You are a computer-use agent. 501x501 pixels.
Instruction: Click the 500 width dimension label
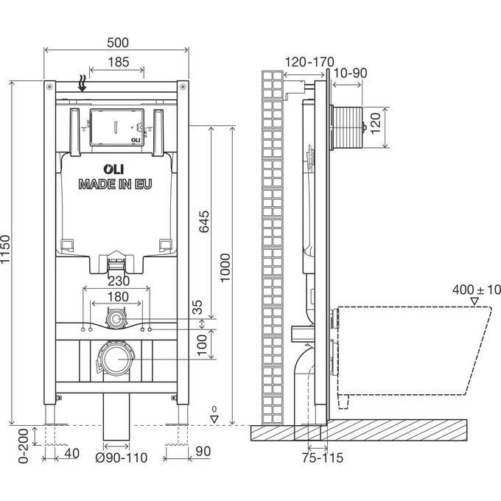pos(118,43)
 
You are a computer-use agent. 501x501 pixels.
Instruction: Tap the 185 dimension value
pos(118,62)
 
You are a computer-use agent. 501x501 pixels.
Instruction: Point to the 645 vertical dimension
pos(204,222)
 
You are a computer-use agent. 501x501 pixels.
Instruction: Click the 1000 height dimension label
pos(225,267)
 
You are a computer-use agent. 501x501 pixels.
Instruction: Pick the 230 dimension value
pos(119,281)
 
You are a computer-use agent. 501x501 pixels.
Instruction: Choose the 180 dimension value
pos(118,297)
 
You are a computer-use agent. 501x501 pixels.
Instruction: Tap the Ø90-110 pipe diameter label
pos(122,458)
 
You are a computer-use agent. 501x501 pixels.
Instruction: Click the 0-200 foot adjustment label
pos(24,446)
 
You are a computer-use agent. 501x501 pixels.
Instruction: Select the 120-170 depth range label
pos(309,62)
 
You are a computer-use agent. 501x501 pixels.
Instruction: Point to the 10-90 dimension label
pos(350,73)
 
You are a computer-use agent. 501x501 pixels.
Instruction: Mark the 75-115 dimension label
pos(323,458)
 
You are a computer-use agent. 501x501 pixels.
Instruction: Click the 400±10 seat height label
pos(477,290)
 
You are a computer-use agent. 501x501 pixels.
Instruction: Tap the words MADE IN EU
pos(115,184)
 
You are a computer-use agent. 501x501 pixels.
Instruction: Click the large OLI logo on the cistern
pos(113,169)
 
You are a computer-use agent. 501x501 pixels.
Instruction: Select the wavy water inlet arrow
pos(83,83)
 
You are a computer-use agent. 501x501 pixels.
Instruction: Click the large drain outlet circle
pos(117,359)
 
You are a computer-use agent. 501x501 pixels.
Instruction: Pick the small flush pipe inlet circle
pos(116,319)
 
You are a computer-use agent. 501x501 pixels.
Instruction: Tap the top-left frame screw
pos(49,86)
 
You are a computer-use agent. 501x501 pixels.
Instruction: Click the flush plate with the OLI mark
pos(117,127)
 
